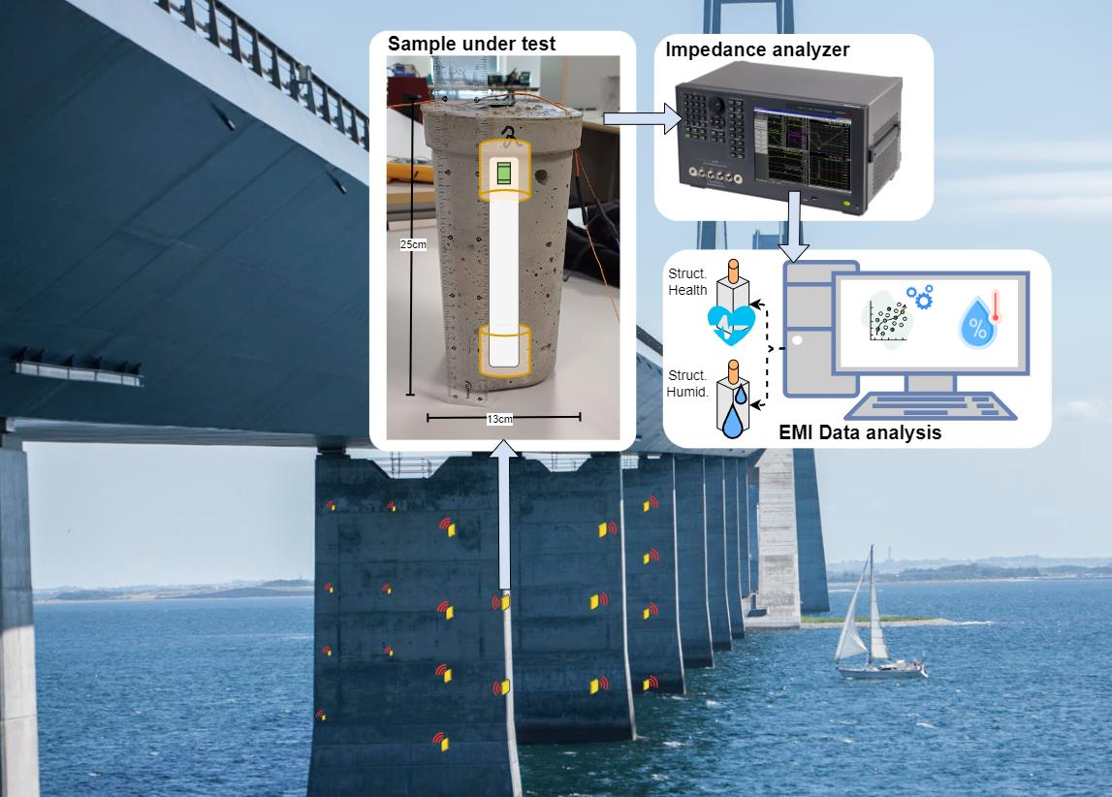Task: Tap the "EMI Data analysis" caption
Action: (860, 432)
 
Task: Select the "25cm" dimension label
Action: (413, 244)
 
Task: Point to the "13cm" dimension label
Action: (502, 418)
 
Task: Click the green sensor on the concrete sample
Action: (503, 173)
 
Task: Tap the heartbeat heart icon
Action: (731, 324)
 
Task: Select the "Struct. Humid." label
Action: (686, 380)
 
